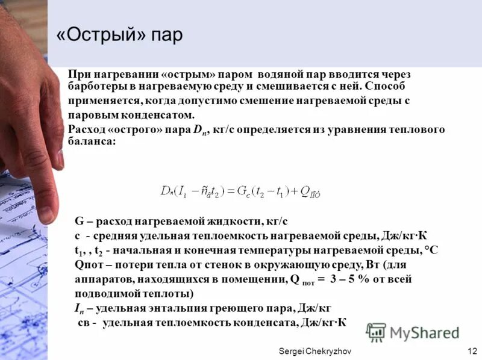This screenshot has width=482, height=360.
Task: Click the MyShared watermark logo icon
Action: [x=377, y=332]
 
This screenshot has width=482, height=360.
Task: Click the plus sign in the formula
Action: [x=295, y=191]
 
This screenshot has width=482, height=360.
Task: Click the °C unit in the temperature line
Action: [x=431, y=250]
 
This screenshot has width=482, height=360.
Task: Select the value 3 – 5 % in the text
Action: [x=347, y=279]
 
